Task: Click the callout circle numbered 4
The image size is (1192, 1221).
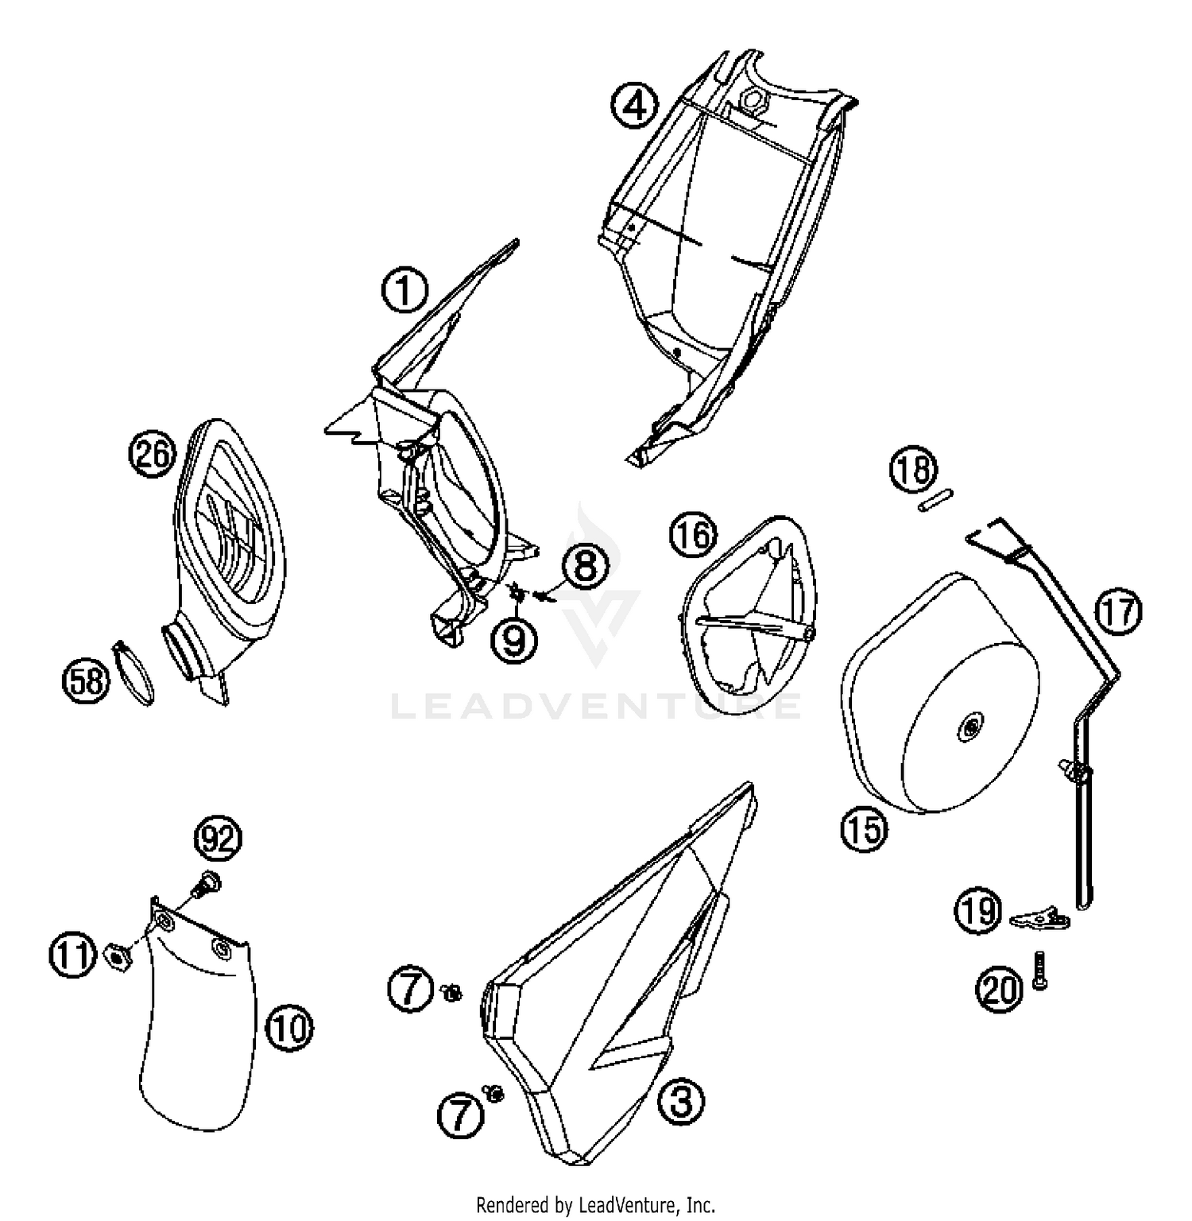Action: pos(635,105)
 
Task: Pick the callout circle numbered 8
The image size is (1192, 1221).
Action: pos(585,566)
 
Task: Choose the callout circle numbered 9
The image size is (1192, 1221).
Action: pos(515,640)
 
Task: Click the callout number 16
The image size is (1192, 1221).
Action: pos(693,535)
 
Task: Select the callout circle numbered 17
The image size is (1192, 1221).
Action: pos(1118,612)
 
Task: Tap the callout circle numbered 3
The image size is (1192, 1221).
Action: pos(682,1102)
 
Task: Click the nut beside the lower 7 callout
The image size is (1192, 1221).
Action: pos(493,1095)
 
